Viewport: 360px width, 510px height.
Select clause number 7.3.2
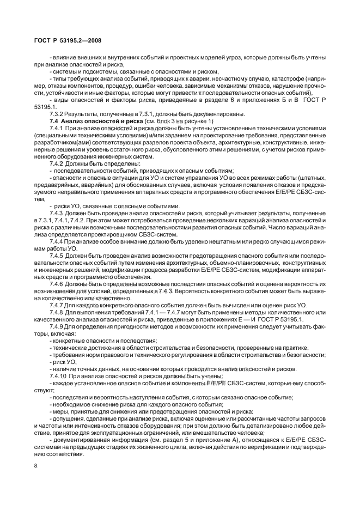(58, 113)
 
